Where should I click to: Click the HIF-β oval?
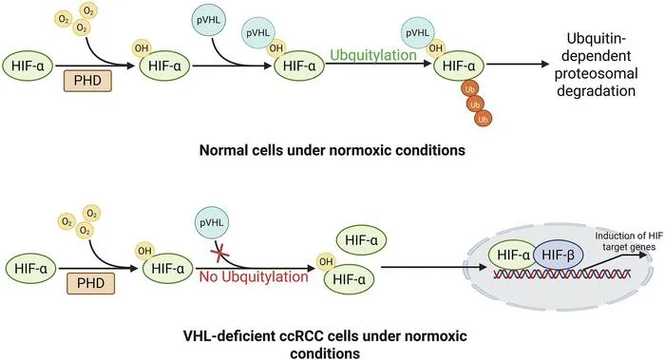(x=559, y=256)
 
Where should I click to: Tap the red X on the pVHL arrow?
(x=220, y=255)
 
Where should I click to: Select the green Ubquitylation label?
(x=373, y=55)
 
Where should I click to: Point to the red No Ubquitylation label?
(x=254, y=277)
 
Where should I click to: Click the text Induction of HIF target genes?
(x=625, y=241)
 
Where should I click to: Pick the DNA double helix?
(x=562, y=274)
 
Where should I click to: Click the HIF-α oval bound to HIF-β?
(x=513, y=256)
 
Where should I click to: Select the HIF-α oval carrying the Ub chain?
(x=459, y=66)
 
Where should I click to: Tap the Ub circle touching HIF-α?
(x=469, y=89)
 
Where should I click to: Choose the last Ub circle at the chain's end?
(x=483, y=119)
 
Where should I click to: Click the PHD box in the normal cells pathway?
(x=87, y=81)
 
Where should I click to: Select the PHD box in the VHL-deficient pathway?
(x=91, y=283)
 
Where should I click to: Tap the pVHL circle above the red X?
(x=212, y=222)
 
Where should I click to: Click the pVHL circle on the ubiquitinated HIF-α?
(x=418, y=33)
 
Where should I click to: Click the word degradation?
(x=596, y=91)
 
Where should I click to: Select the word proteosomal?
(x=596, y=73)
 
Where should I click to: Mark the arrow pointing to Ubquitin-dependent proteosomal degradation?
(x=518, y=64)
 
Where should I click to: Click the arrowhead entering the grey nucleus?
(x=483, y=267)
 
